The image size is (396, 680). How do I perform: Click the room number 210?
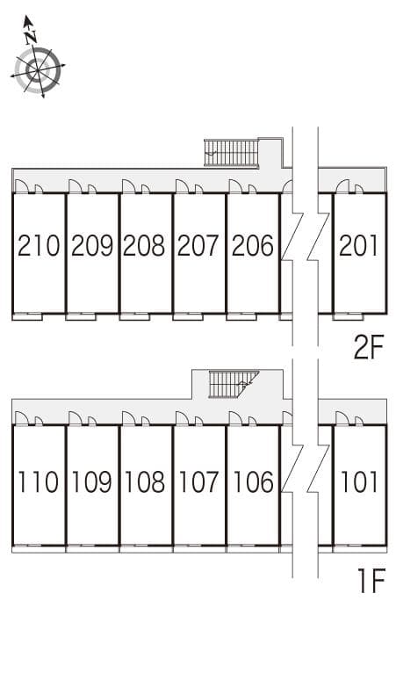pyautogui.click(x=39, y=245)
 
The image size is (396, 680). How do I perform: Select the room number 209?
pyautogui.click(x=92, y=245)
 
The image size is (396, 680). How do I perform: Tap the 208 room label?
pyautogui.click(x=144, y=245)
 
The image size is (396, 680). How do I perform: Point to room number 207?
pyautogui.click(x=198, y=245)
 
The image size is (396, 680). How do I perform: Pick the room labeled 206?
pyautogui.click(x=253, y=245)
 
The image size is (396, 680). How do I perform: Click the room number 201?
pyautogui.click(x=359, y=245)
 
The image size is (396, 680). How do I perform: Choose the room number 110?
pyautogui.click(x=39, y=481)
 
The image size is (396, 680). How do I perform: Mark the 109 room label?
pyautogui.click(x=92, y=481)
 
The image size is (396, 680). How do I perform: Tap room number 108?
pyautogui.click(x=145, y=481)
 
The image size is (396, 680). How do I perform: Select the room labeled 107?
pyautogui.click(x=198, y=481)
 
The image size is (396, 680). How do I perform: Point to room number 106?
pyautogui.click(x=253, y=481)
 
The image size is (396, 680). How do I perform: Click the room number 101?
pyautogui.click(x=359, y=481)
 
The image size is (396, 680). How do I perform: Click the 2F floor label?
pyautogui.click(x=369, y=348)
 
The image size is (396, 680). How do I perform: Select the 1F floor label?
pyautogui.click(x=371, y=582)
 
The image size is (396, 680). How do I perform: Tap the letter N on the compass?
pyautogui.click(x=30, y=37)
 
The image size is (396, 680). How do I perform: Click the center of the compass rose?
pyautogui.click(x=38, y=69)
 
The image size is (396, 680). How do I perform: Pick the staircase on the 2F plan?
pyautogui.click(x=231, y=153)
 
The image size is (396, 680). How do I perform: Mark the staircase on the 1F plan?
pyautogui.click(x=234, y=384)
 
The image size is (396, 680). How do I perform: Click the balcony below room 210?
pyautogui.click(x=27, y=316)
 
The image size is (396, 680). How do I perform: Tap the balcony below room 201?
pyautogui.click(x=349, y=316)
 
